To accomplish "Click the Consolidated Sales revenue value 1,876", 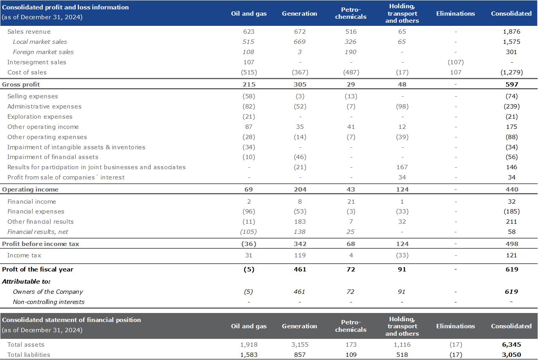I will click(x=511, y=32).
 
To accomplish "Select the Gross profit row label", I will click(x=21, y=85).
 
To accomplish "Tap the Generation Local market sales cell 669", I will click(x=300, y=42).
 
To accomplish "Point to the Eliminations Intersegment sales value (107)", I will click(x=455, y=62).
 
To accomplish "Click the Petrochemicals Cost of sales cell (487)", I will click(x=351, y=72).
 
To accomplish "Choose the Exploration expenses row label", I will click(x=40, y=117).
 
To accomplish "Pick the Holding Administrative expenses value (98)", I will click(x=402, y=107).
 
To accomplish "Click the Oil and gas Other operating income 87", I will click(x=249, y=127).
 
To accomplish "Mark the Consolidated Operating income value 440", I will click(x=512, y=190).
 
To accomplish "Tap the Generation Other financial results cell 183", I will click(x=300, y=222).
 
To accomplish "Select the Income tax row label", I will click(x=24, y=255).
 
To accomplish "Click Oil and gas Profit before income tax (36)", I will click(x=249, y=244).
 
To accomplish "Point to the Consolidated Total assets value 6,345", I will click(x=511, y=345).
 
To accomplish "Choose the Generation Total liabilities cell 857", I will click(x=300, y=355).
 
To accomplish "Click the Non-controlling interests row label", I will click(x=49, y=302).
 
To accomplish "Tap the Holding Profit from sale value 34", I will click(x=402, y=177).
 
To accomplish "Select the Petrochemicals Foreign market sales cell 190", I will click(x=351, y=52).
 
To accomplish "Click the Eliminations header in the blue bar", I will click(x=455, y=14).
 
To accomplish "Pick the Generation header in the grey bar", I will click(x=300, y=326).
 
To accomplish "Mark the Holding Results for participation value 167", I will click(x=402, y=167).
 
